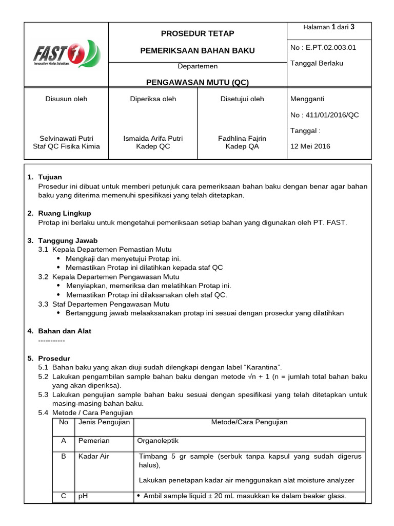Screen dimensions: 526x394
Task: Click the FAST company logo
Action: [67, 54]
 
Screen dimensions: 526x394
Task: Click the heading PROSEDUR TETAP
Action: [198, 33]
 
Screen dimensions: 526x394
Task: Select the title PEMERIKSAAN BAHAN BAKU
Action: [198, 50]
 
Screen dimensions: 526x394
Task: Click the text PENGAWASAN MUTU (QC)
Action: [198, 82]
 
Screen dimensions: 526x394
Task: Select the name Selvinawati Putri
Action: [66, 138]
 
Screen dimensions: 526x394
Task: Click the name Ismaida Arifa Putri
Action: [153, 138]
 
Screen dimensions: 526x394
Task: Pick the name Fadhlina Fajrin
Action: [243, 138]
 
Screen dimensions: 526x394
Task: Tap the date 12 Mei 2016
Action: [310, 146]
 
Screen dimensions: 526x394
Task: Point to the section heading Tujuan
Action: [50, 177]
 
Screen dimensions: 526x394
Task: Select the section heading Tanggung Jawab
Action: [68, 240]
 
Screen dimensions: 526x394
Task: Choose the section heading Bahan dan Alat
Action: [65, 331]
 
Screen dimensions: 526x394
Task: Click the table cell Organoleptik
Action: [158, 441]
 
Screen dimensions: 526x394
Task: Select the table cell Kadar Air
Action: [93, 456]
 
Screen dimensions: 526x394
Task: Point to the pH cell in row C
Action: [82, 496]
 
